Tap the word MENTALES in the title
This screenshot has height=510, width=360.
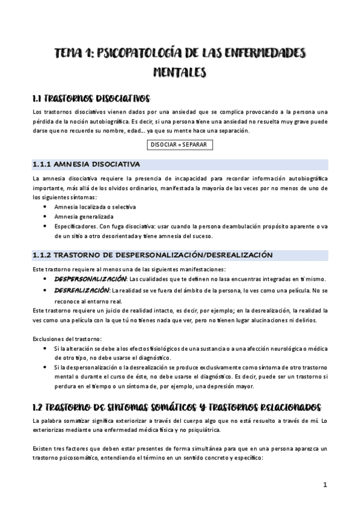coord(180,72)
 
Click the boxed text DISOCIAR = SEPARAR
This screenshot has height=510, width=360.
coord(179,145)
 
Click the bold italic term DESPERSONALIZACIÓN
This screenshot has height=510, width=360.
coord(91,279)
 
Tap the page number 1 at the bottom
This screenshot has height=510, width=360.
coord(325,484)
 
